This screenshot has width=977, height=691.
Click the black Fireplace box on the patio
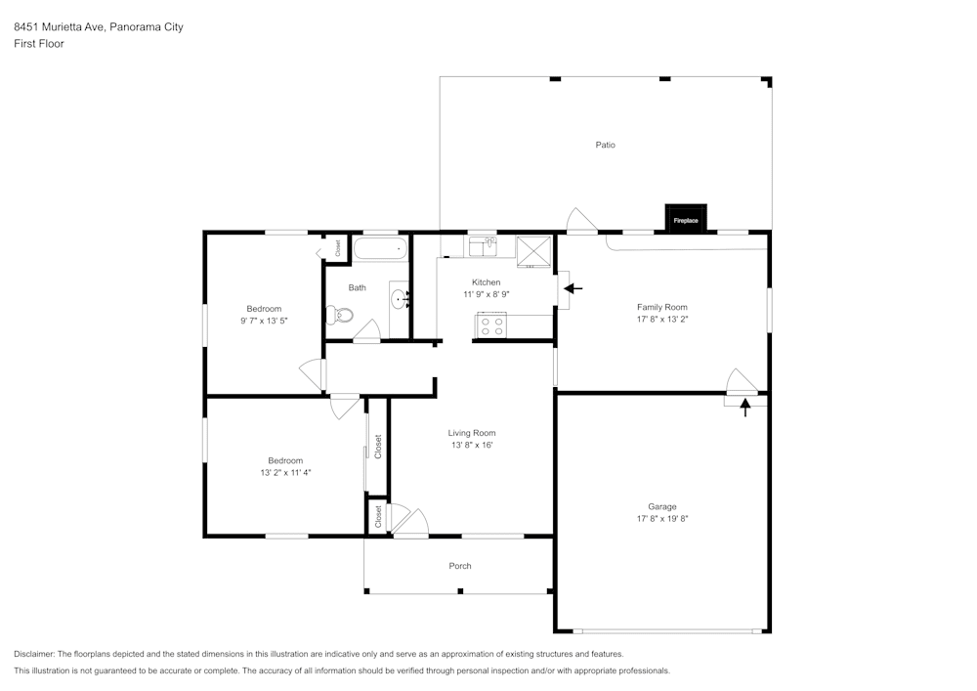686,219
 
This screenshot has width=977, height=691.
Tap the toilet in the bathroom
336,315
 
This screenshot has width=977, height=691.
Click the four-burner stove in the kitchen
491,325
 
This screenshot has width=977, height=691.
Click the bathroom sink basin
399,298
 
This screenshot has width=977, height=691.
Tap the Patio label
606,145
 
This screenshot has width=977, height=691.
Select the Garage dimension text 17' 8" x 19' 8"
662,518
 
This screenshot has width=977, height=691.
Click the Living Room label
472,433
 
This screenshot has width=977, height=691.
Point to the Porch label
460,566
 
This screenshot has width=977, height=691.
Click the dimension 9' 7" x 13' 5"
264,321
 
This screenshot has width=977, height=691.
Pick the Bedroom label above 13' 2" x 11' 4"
285,460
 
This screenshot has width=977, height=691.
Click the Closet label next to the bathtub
338,248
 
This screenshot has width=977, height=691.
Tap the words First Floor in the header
39,44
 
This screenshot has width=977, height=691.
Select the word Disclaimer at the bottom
34,654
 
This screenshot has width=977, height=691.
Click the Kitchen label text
486,282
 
